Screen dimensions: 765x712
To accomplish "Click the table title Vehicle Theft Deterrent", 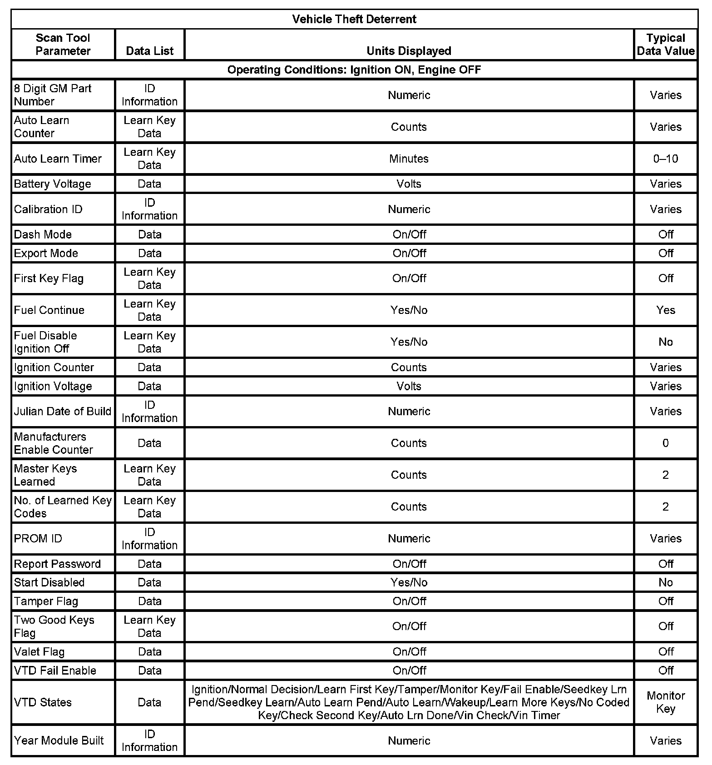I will [x=354, y=19].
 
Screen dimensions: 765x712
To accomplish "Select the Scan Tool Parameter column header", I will [x=63, y=45].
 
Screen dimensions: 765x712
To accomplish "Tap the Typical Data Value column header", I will [x=665, y=45].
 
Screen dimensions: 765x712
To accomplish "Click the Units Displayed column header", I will [x=409, y=51].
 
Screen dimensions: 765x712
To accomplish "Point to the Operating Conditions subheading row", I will [x=354, y=70].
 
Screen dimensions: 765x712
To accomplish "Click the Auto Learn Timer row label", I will [x=58, y=159].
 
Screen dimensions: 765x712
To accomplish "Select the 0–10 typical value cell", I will [x=665, y=159].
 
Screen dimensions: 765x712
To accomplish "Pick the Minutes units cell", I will [x=409, y=159].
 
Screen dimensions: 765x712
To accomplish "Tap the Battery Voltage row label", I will [x=52, y=184].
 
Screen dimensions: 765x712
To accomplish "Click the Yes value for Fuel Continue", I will [x=665, y=310].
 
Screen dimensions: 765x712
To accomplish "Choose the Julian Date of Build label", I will [x=62, y=411].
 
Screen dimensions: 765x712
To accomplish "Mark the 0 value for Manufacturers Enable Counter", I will [x=665, y=443].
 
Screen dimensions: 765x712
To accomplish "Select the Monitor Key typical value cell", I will [x=665, y=702].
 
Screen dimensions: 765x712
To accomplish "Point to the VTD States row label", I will [x=43, y=702].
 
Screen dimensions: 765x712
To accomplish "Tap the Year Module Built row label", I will [x=59, y=740].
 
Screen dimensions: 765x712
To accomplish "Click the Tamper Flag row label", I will [x=46, y=601].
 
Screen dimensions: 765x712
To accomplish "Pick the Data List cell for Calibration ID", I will [x=149, y=209].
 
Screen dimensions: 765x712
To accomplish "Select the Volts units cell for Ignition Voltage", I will [x=409, y=386].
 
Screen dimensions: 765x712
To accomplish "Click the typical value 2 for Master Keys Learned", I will [x=665, y=475].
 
